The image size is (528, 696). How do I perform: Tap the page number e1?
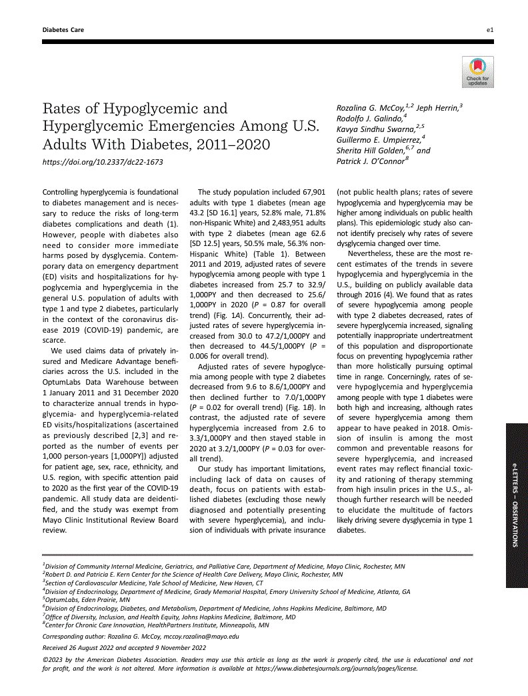point(489,30)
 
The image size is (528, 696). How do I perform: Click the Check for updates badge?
point(477,71)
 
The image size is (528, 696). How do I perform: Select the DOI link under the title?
point(103,162)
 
